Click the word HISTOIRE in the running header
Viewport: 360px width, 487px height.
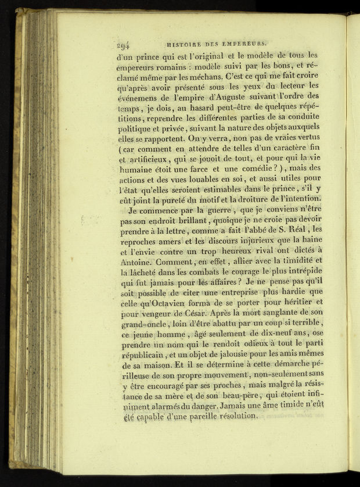click(184, 43)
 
